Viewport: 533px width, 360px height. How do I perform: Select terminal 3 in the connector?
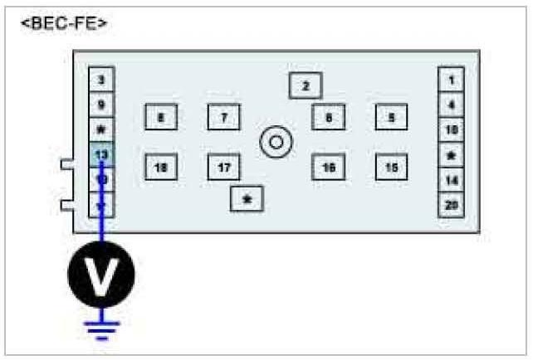101,80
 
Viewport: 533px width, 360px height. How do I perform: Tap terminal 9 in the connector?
101,105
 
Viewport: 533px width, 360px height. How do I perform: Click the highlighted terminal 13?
101,154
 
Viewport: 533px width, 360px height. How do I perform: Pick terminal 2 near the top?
306,85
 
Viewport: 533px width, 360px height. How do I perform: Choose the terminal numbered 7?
224,118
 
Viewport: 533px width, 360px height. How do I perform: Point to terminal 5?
391,118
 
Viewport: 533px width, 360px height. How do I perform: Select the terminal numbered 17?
224,168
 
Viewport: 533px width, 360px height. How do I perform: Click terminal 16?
329,168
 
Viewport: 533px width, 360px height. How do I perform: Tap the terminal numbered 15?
391,168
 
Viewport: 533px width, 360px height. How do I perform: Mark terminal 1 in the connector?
451,80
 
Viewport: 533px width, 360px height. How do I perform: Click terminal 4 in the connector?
451,105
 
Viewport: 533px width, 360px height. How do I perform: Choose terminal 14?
451,179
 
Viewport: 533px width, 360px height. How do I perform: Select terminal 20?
451,204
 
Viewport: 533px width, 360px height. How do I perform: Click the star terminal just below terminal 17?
247,199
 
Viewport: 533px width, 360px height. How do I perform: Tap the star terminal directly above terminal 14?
451,155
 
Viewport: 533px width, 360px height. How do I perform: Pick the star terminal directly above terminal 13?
101,130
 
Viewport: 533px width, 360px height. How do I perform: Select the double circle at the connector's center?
276,143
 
